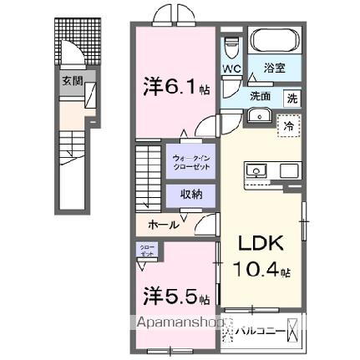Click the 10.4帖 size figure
point(261,271)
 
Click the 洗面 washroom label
point(261,97)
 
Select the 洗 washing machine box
point(292,97)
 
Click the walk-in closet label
point(192,160)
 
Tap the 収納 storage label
point(192,194)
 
